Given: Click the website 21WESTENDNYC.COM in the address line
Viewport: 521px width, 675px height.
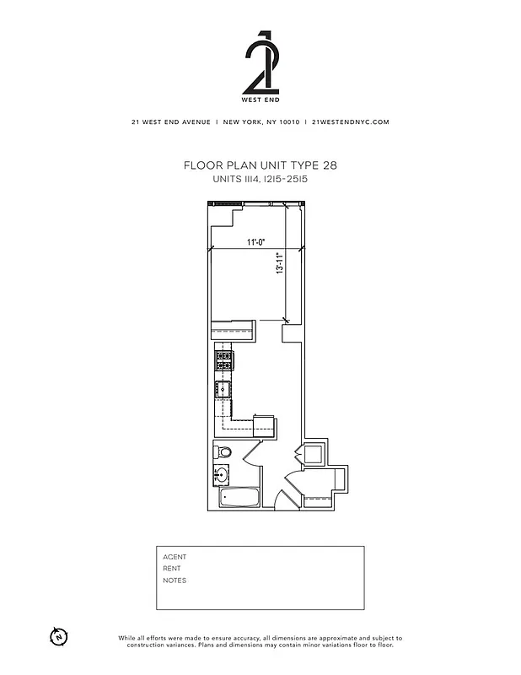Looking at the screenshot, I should tap(350, 121).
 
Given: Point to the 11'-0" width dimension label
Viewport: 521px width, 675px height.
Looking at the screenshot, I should tap(256, 243).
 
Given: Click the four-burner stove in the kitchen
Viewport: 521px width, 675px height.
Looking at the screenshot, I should tap(224, 361).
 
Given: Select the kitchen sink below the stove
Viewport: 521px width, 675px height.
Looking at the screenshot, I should tap(223, 390).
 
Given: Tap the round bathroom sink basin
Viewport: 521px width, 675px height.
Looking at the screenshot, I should tap(223, 473).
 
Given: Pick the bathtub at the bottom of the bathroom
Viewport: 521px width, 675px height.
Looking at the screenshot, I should tap(239, 499).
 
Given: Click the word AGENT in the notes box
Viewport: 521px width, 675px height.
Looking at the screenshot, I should tap(175, 557).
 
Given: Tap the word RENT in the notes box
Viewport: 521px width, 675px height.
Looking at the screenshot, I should tap(172, 569).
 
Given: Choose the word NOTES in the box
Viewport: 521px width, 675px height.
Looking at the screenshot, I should tap(175, 580).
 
